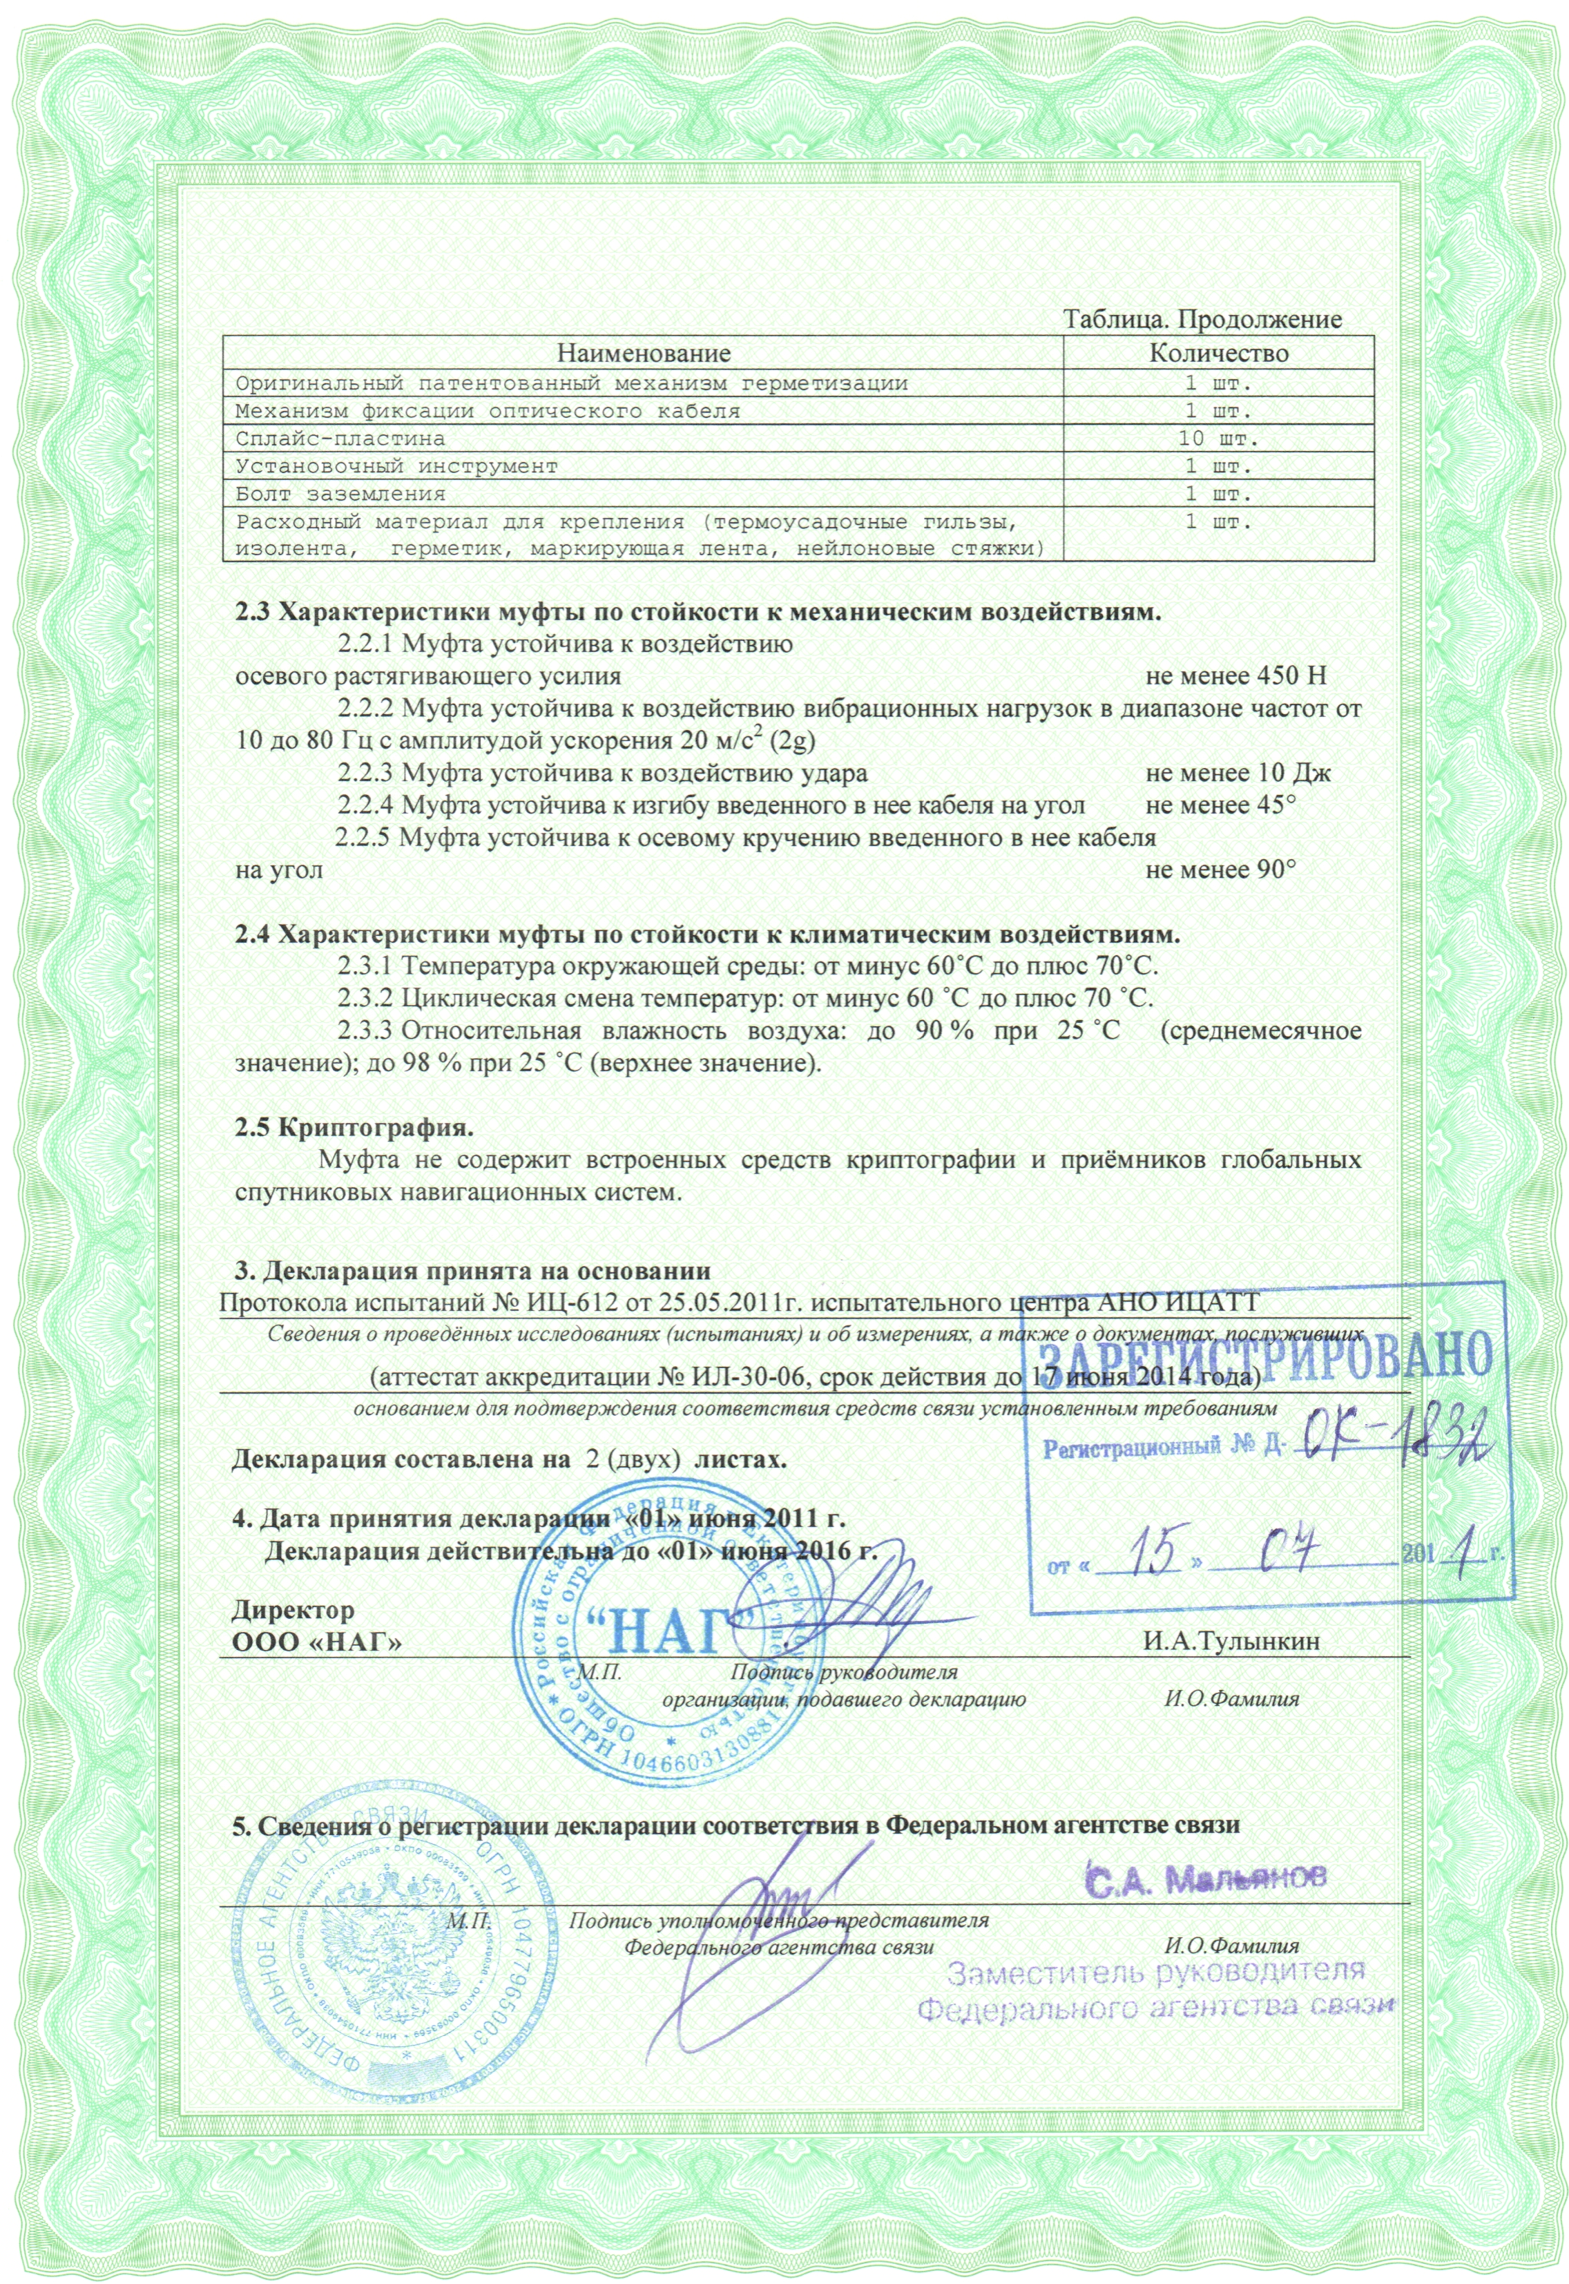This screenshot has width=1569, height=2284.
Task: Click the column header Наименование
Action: tap(644, 352)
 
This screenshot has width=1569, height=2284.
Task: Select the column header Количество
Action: tap(1218, 352)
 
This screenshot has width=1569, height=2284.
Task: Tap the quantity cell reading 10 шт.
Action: tap(1218, 437)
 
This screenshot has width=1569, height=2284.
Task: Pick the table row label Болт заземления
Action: tap(340, 494)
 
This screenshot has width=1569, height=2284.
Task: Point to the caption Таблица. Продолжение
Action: tap(1203, 320)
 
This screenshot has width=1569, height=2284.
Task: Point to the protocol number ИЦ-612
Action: tap(572, 1304)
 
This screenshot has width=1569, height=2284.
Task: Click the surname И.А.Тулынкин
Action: tap(1231, 1642)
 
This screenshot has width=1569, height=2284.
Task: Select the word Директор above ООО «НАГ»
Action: tap(293, 1611)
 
